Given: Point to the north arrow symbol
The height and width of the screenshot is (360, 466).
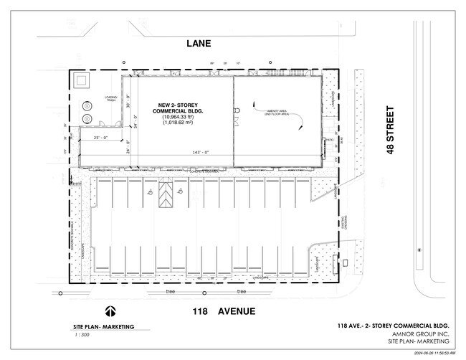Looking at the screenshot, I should coord(111,312).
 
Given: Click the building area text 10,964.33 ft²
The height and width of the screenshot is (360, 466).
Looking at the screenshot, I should coord(179,117).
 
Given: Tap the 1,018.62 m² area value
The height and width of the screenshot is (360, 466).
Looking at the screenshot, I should coord(179,123).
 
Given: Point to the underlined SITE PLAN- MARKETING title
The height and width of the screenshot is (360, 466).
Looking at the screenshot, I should coord(103,327).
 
